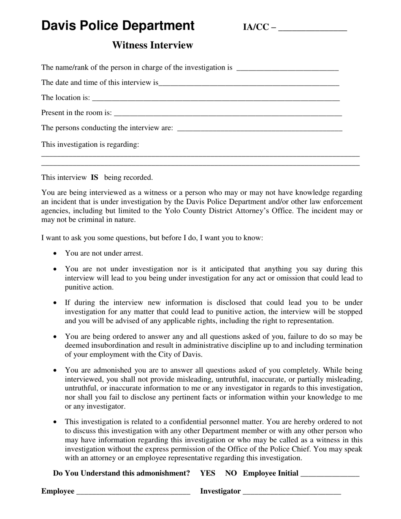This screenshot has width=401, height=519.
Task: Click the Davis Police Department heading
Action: pos(118,26)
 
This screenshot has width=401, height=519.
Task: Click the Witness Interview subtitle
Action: pos(152,45)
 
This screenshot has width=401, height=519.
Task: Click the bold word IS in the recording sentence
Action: pos(95,178)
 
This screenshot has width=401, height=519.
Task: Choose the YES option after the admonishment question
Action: pos(208,473)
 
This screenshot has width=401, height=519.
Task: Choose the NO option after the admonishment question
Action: pos(231,473)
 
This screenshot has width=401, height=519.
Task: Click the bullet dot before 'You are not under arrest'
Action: pos(55,254)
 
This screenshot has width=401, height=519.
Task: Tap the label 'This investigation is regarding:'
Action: pos(90,145)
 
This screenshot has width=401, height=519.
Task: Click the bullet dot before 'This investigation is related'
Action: pos(55,422)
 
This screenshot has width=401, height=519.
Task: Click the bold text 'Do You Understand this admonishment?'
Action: pos(122,473)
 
